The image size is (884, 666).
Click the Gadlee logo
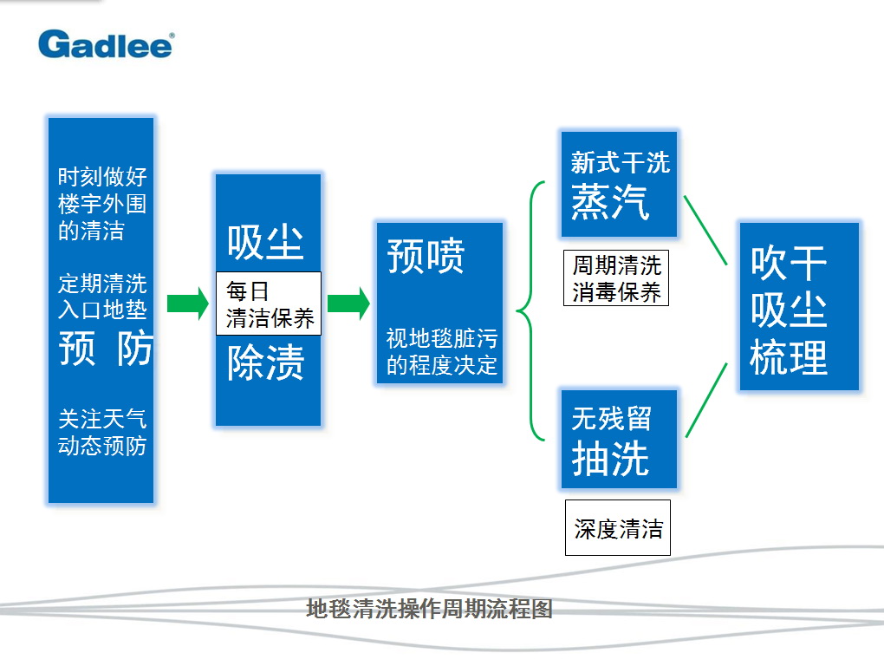coord(106,44)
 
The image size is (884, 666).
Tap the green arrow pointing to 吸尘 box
coord(188,304)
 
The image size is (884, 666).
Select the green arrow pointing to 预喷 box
coord(348,304)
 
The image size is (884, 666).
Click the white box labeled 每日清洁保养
coord(269,304)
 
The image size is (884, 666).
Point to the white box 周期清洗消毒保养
coord(616,278)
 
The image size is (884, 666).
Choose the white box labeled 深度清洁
coord(618,528)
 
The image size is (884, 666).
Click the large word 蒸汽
coord(610,202)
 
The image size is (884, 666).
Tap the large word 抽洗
coord(610,458)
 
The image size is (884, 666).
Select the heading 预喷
coord(426,256)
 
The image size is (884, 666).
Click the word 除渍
coord(265,362)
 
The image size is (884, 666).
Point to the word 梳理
coord(788,357)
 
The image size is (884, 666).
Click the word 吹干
coord(788,263)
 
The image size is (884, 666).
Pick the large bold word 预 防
coord(106,348)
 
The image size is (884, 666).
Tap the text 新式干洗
coord(621,162)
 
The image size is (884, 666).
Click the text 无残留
coord(612,419)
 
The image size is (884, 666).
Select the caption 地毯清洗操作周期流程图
coord(429,609)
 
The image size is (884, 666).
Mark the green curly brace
coord(523,310)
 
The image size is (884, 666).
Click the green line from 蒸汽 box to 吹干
coord(705,230)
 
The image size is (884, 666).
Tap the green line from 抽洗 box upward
coord(706,400)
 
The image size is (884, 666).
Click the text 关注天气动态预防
coord(102,432)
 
